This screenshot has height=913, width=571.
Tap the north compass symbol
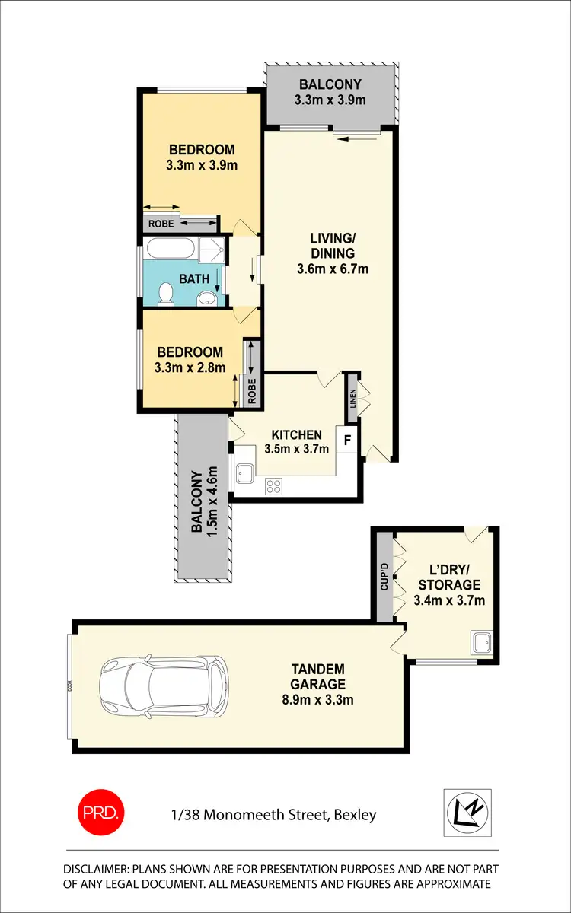click(x=467, y=812)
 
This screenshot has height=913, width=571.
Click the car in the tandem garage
click(x=164, y=687)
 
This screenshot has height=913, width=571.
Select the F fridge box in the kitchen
click(x=348, y=441)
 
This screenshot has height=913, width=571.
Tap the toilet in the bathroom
click(x=165, y=294)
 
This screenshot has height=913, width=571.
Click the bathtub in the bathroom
click(x=171, y=249)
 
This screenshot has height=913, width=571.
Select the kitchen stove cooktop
click(x=273, y=485)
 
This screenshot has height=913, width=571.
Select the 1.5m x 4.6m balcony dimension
click(x=214, y=501)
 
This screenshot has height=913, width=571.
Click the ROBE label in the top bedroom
click(x=160, y=224)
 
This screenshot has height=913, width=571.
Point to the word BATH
click(x=194, y=278)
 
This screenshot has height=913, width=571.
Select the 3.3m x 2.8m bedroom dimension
click(x=190, y=367)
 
